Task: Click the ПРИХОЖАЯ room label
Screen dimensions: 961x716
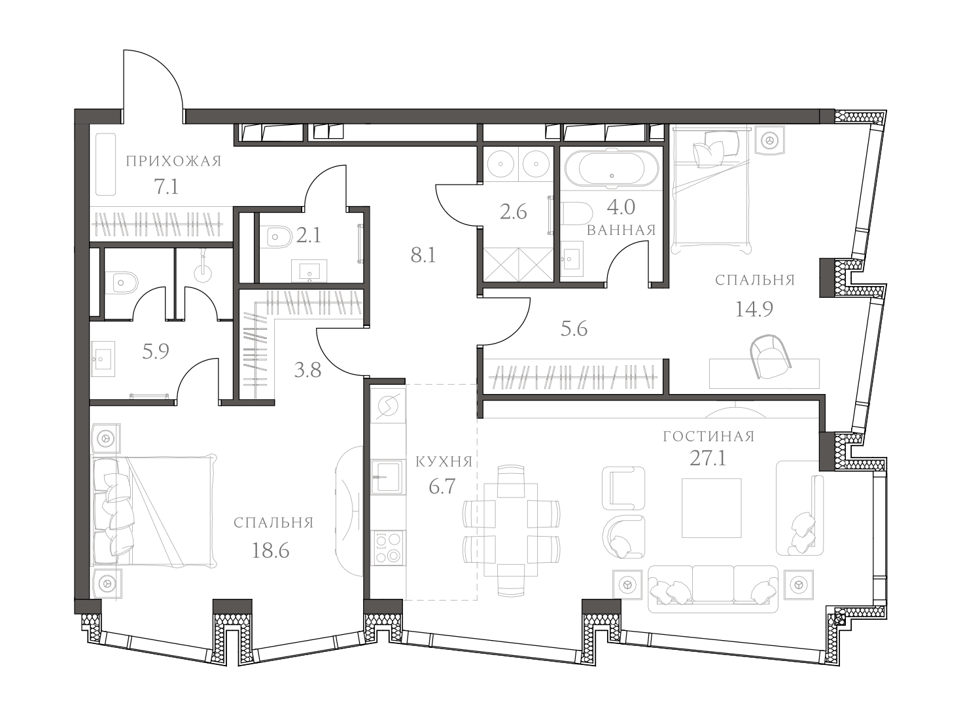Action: click(173, 161)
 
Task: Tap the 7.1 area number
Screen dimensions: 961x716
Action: click(166, 188)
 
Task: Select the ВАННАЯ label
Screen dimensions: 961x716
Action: click(621, 230)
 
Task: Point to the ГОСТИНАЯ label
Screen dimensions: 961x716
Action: click(708, 437)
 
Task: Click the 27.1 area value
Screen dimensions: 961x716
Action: click(708, 458)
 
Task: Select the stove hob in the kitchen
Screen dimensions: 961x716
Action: click(387, 548)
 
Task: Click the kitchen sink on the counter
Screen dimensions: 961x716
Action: click(386, 476)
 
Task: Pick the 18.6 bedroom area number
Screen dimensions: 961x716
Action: click(270, 550)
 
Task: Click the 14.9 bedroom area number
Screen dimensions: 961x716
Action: click(754, 308)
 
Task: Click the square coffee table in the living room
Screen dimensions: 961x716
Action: click(712, 507)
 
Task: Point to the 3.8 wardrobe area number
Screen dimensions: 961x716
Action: click(307, 370)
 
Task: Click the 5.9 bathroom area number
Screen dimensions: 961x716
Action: click(156, 352)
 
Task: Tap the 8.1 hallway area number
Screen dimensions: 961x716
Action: click(423, 255)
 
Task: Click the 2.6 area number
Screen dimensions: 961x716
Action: click(513, 212)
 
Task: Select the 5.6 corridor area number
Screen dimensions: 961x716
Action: click(574, 329)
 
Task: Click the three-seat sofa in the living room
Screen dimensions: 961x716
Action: click(713, 589)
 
